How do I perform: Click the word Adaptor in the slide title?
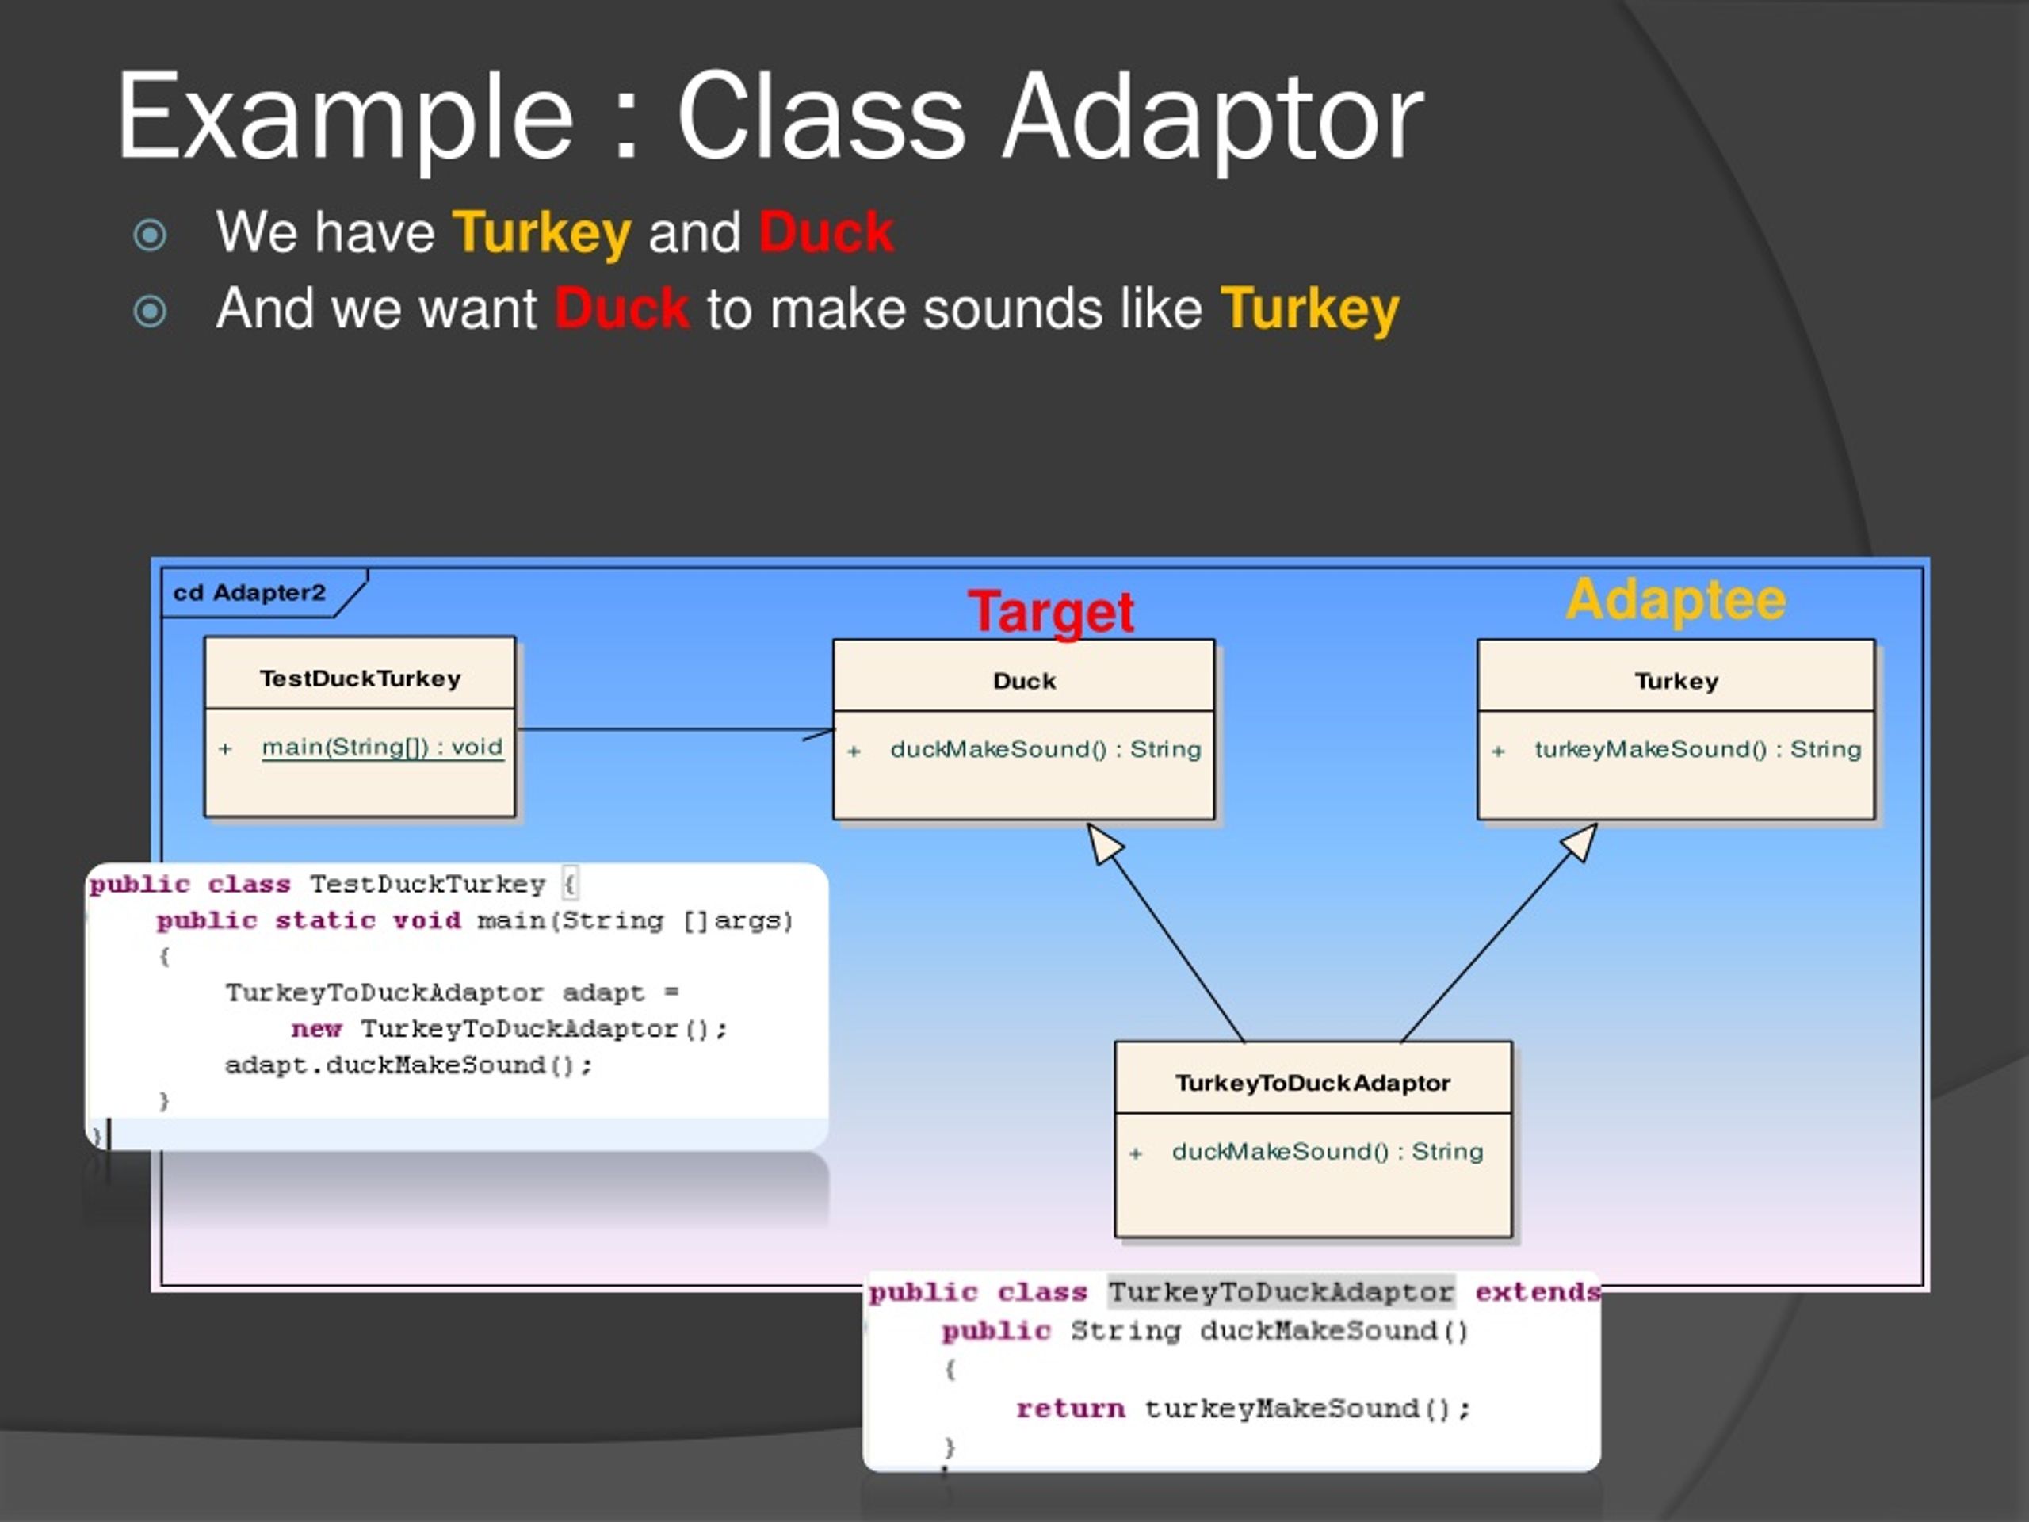(1213, 119)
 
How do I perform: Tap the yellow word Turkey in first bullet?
(542, 232)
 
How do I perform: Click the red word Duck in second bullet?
(621, 308)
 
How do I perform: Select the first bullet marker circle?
(150, 235)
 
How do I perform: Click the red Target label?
(1051, 612)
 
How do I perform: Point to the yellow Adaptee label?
(1675, 601)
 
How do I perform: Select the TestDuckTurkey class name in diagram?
(360, 678)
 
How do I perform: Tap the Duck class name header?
(1024, 681)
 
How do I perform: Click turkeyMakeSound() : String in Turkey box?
(1697, 750)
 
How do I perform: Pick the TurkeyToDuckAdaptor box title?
(1313, 1083)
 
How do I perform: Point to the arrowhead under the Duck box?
(1103, 842)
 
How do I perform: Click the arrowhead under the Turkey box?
(1580, 841)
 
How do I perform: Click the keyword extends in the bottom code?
(1537, 1292)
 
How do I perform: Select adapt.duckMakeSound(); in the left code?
(409, 1065)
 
